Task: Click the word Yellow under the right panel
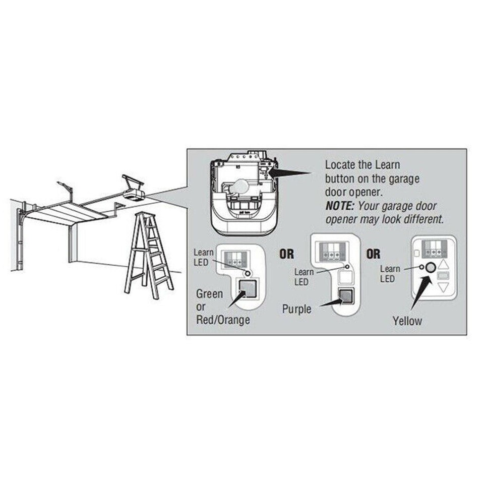[407, 321]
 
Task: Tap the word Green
[209, 293]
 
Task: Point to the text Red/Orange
[222, 320]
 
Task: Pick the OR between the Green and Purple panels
[287, 254]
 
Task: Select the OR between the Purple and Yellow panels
[374, 254]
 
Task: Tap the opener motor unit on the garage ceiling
[134, 192]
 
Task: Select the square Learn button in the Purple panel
[345, 296]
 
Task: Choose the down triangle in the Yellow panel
[443, 288]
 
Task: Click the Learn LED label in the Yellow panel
[389, 274]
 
